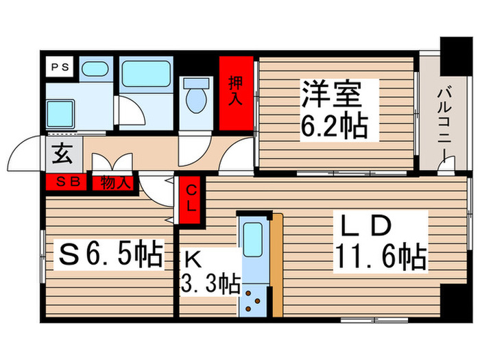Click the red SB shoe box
(66, 182)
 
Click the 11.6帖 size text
(380, 259)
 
